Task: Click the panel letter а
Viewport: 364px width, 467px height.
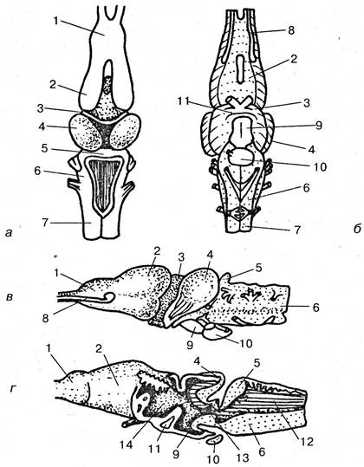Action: pyautogui.click(x=9, y=232)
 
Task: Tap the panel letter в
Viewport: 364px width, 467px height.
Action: pyautogui.click(x=10, y=296)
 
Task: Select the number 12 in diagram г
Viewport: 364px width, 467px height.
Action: pyautogui.click(x=307, y=441)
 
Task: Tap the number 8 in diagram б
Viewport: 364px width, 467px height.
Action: pyautogui.click(x=290, y=30)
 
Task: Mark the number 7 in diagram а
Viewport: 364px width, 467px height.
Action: pyautogui.click(x=45, y=223)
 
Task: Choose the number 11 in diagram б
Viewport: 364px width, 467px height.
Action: pyautogui.click(x=183, y=101)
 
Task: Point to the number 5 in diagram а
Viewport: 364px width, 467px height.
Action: pyautogui.click(x=44, y=148)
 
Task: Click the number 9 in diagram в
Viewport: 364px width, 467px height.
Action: pyautogui.click(x=190, y=345)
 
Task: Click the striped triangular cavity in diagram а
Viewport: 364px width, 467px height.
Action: pyautogui.click(x=104, y=184)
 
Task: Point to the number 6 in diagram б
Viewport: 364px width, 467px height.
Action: pyautogui.click(x=306, y=188)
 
